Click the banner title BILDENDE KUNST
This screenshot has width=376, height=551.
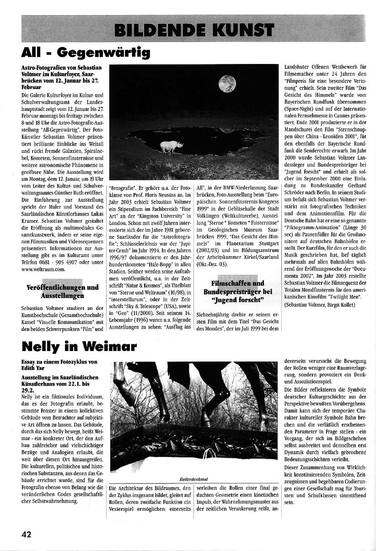click(x=194, y=30)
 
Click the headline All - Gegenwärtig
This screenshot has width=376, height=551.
click(x=86, y=52)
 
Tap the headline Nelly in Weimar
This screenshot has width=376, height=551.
click(x=79, y=346)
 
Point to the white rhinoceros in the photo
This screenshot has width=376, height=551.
click(x=172, y=146)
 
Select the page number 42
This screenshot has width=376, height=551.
click(x=27, y=535)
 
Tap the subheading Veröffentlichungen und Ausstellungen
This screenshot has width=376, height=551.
click(x=63, y=291)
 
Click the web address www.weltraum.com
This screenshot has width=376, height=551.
click(x=43, y=269)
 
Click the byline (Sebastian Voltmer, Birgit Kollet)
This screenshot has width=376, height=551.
click(x=319, y=304)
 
